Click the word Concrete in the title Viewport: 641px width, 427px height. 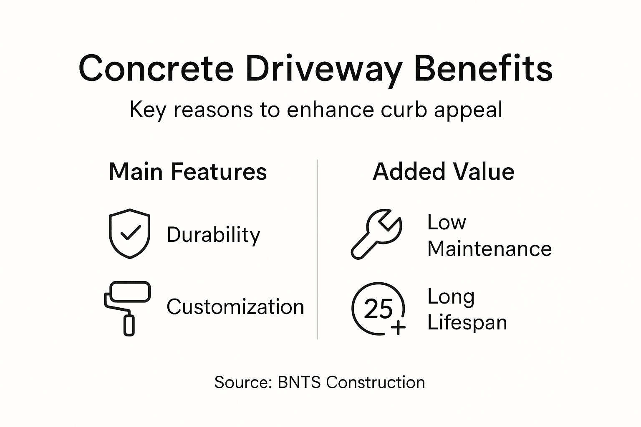click(156, 69)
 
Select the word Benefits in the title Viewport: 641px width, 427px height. click(483, 69)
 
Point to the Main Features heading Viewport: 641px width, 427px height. click(188, 172)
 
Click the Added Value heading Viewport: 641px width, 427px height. click(443, 172)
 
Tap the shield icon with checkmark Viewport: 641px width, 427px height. click(130, 234)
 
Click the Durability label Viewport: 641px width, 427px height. click(213, 235)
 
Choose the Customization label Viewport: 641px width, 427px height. click(235, 307)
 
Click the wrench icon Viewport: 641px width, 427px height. click(376, 234)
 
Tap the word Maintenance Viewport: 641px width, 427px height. click(490, 249)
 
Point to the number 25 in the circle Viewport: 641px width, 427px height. click(378, 309)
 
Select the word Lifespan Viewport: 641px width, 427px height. click(467, 323)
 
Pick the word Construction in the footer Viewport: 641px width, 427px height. click(375, 382)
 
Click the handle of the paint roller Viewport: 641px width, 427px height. click(129, 325)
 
